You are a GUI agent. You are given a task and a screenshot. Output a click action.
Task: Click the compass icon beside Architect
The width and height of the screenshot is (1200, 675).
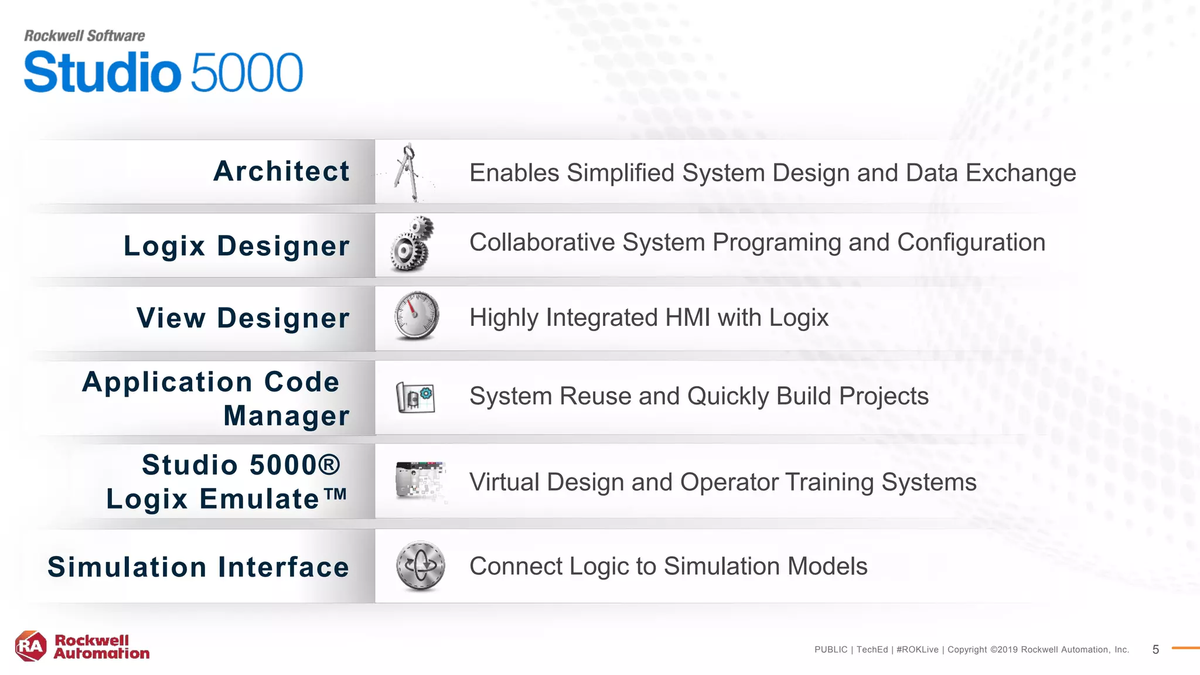click(408, 172)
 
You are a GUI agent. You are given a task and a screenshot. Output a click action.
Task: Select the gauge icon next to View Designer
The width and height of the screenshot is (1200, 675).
click(417, 316)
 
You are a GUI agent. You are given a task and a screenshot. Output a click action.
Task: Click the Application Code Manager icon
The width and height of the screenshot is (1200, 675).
click(415, 397)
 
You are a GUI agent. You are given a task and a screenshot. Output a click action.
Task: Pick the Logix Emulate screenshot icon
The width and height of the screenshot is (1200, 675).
click(420, 480)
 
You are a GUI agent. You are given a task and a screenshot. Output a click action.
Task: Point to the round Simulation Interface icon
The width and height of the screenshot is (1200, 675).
click(420, 565)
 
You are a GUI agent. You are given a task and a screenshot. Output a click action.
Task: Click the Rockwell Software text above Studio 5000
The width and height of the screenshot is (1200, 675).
click(84, 36)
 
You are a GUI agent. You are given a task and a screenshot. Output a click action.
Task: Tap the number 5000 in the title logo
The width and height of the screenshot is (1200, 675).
click(247, 73)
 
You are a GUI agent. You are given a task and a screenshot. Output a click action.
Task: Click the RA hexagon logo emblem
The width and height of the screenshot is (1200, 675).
click(30, 646)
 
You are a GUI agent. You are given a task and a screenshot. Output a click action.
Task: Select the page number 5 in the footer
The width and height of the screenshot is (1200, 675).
click(1155, 649)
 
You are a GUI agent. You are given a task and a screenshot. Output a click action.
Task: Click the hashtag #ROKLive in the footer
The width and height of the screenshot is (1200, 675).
click(917, 649)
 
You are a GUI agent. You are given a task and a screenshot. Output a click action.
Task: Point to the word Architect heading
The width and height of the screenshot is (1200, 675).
click(281, 172)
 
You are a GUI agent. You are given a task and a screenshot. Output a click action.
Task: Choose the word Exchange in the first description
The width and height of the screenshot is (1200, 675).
click(1020, 173)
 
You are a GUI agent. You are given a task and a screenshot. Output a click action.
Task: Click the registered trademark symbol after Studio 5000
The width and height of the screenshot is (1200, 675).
click(329, 465)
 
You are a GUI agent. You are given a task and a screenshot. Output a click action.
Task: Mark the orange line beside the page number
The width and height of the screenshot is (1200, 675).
click(1185, 648)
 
